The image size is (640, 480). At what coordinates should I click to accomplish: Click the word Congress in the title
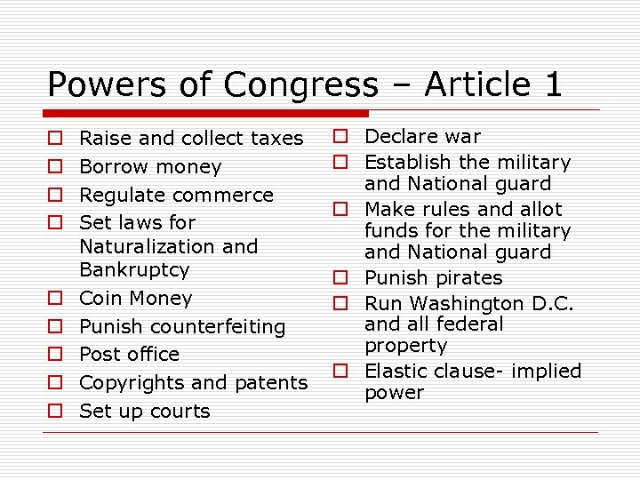(301, 84)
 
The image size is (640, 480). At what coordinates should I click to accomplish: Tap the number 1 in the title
(551, 84)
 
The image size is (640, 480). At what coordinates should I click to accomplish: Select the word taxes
(276, 139)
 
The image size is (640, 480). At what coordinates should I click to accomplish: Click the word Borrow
(112, 167)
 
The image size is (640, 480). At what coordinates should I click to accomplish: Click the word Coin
(99, 299)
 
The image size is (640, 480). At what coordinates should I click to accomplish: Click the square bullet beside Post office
(55, 355)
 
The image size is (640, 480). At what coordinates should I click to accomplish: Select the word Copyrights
(132, 383)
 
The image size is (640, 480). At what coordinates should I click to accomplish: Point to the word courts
(180, 412)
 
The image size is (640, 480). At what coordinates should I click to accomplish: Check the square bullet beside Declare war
(340, 137)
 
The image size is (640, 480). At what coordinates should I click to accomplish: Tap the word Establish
(408, 162)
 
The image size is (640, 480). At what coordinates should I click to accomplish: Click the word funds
(389, 231)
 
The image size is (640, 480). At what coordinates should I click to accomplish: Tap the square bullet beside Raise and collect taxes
(55, 140)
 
